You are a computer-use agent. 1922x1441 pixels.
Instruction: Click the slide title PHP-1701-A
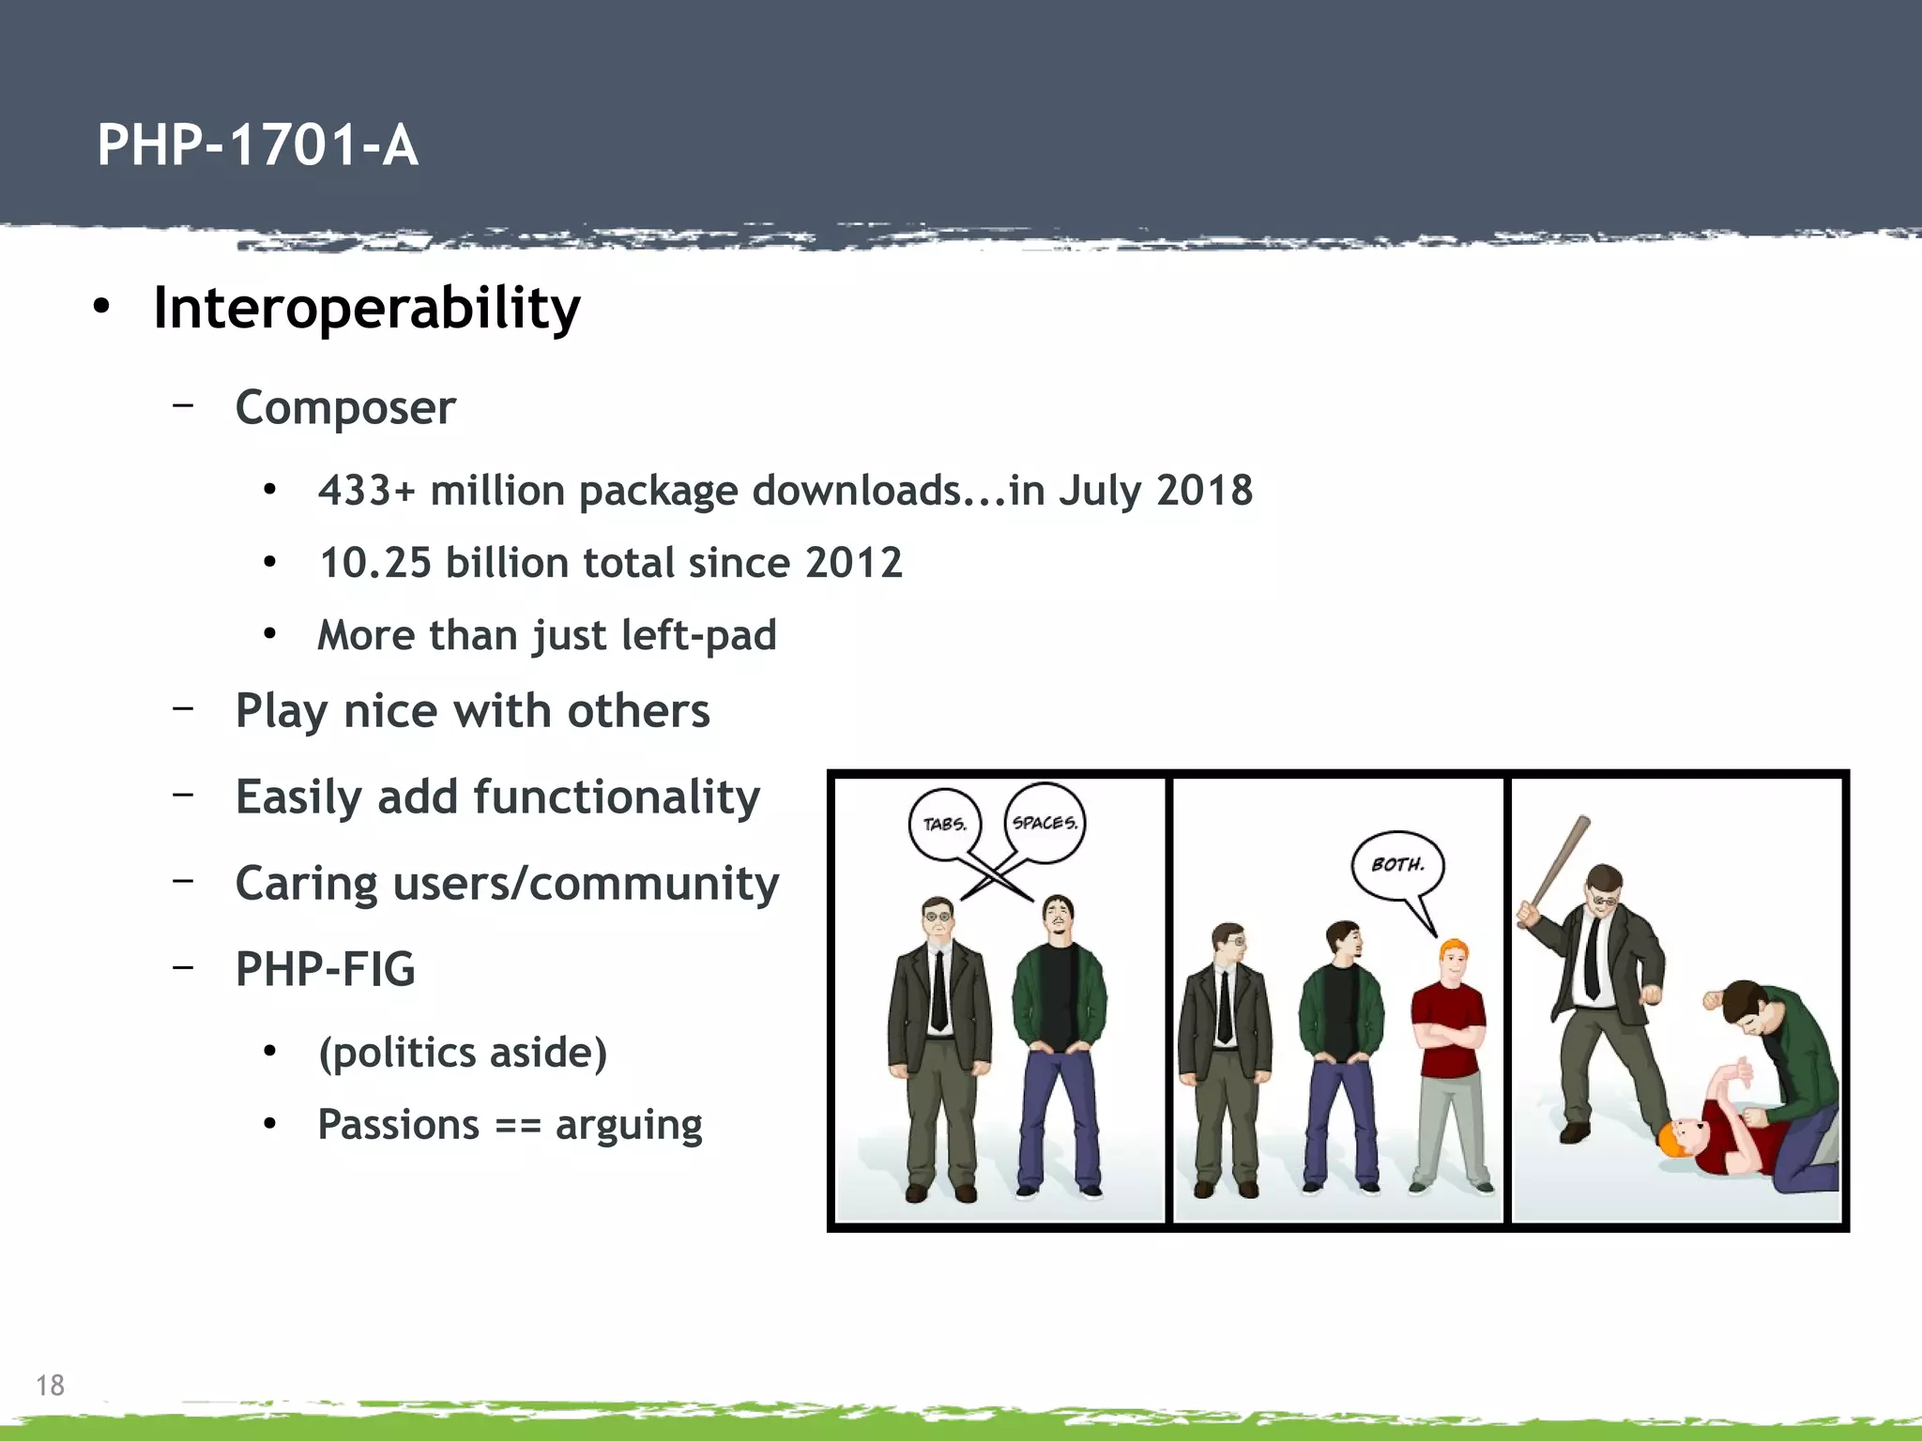pos(257,145)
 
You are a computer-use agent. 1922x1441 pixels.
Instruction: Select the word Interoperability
pos(367,309)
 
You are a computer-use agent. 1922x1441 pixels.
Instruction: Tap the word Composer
pos(345,408)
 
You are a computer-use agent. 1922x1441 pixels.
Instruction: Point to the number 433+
pos(366,491)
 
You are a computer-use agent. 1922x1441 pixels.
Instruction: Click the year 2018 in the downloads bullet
pos(1204,491)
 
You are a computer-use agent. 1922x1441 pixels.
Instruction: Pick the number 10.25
pos(375,563)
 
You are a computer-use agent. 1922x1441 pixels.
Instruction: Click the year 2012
pos(853,563)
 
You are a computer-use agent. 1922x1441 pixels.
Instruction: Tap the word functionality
pos(616,797)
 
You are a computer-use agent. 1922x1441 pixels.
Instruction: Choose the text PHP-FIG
pos(325,969)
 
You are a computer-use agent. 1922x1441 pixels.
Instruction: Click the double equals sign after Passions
pos(517,1125)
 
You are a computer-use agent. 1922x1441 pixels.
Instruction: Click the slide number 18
pos(50,1385)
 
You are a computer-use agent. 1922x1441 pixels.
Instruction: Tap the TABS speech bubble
pos(944,825)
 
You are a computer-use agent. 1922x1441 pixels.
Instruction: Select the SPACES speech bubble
pos(1045,823)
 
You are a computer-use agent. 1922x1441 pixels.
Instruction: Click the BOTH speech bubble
pos(1397,864)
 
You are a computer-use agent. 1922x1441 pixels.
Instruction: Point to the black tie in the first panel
pos(938,990)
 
